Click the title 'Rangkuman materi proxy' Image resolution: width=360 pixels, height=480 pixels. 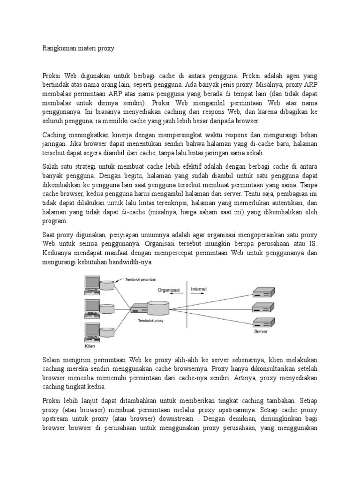(78, 48)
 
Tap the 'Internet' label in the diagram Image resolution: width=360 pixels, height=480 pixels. (199, 289)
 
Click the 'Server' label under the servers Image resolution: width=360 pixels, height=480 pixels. (261, 331)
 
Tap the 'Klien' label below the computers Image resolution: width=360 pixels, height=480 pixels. (90, 346)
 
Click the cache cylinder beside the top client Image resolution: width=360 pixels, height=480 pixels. (107, 285)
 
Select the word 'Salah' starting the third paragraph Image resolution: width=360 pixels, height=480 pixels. (51, 167)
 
